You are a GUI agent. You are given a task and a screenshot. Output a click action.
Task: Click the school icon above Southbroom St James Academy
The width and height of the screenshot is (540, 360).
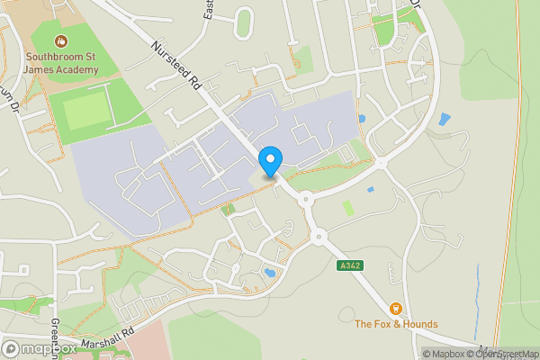(61, 40)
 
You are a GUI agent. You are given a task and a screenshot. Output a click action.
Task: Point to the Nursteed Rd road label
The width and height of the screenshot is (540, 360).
(176, 66)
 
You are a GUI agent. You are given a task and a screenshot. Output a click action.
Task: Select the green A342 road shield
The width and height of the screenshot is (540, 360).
(351, 265)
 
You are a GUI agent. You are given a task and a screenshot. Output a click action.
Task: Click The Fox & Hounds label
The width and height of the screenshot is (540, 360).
(396, 324)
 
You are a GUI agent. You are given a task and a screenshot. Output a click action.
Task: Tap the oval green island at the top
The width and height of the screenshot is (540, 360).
(243, 22)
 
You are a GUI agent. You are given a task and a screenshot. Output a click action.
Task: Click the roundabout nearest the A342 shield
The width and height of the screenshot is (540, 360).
(319, 238)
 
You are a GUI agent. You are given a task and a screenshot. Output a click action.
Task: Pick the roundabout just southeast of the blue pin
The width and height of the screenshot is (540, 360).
(305, 199)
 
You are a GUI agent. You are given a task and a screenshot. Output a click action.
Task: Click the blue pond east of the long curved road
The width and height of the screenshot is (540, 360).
(444, 119)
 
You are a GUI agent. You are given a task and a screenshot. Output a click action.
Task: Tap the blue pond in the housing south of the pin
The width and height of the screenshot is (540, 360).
(269, 271)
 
